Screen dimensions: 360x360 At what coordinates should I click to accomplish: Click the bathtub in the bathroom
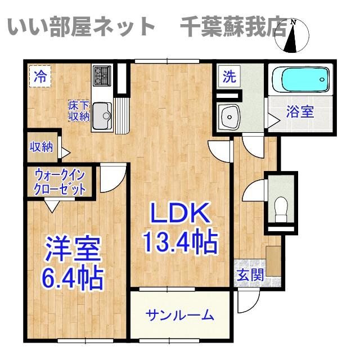pyautogui.click(x=301, y=80)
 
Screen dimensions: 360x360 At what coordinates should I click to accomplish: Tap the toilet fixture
pyautogui.click(x=281, y=209)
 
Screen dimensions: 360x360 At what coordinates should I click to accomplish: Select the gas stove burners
pyautogui.click(x=102, y=76)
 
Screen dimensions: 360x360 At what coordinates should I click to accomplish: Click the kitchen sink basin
pyautogui.click(x=102, y=116)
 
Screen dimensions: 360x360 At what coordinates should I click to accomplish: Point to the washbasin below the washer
pyautogui.click(x=229, y=116)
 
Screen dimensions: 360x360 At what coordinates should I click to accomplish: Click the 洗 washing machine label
pyautogui.click(x=229, y=76)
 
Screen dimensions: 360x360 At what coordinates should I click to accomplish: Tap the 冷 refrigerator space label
pyautogui.click(x=40, y=77)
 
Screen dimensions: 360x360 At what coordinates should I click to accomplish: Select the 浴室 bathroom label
pyautogui.click(x=300, y=112)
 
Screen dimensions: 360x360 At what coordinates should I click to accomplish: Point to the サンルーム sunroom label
pyautogui.click(x=180, y=315)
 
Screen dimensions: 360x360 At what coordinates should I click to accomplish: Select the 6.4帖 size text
pyautogui.click(x=73, y=278)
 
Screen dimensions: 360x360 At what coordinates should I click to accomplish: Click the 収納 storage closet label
pyautogui.click(x=42, y=147)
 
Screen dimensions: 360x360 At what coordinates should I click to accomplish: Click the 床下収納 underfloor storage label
pyautogui.click(x=79, y=111)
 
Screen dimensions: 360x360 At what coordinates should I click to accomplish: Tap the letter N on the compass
pyautogui.click(x=293, y=22)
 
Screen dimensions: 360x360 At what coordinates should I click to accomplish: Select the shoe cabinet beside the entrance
pyautogui.click(x=274, y=261)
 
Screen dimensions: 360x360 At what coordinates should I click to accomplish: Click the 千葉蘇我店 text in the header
pyautogui.click(x=234, y=27)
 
